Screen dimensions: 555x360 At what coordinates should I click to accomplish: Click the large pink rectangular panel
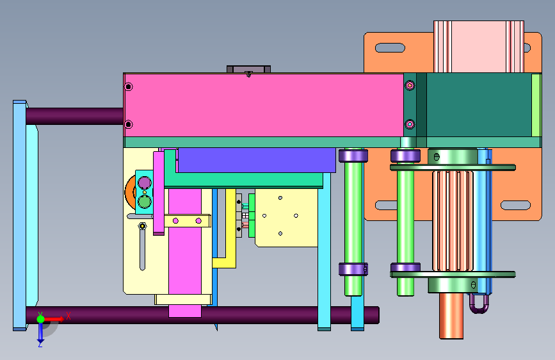coord(264,105)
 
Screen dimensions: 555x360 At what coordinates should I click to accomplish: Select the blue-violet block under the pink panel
coord(257,160)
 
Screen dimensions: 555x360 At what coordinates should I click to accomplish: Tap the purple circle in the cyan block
coord(145,183)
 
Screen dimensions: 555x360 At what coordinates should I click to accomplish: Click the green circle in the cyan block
coord(145,202)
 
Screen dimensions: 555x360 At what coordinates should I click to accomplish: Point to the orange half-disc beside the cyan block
coord(130,192)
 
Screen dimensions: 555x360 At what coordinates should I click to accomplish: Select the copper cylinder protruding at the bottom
coord(451,316)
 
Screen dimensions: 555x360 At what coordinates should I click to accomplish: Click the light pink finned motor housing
coord(479,46)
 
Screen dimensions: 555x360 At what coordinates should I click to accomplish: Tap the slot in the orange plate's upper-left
coord(390,47)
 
